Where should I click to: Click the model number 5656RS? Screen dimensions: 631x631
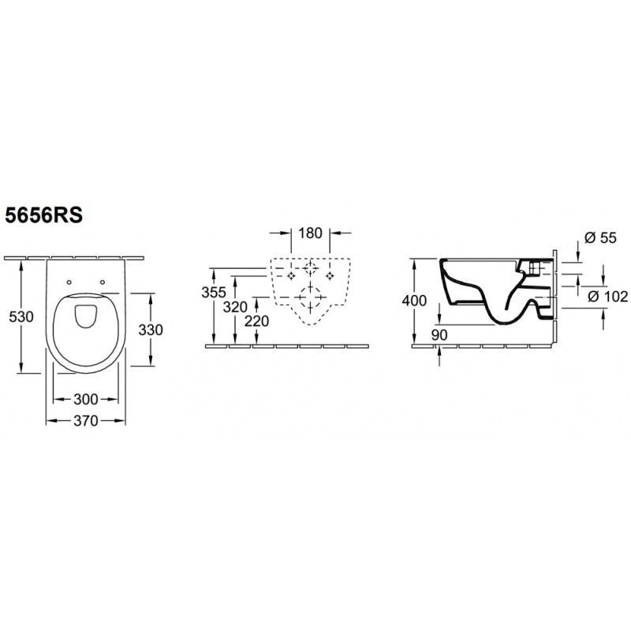coord(43,215)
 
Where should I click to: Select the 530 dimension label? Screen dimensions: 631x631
coord(21,317)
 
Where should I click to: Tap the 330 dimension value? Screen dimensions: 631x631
coord(151,330)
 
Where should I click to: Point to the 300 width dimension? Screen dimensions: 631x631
coord(86,399)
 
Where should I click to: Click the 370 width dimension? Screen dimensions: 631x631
coord(86,420)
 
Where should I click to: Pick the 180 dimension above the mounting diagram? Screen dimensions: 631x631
coord(310,233)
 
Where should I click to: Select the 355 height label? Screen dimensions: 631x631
coord(214,292)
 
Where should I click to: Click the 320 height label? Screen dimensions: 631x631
coord(235,307)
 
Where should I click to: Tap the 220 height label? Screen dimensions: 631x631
coord(257,321)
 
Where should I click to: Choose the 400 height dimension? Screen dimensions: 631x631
coord(415,301)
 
